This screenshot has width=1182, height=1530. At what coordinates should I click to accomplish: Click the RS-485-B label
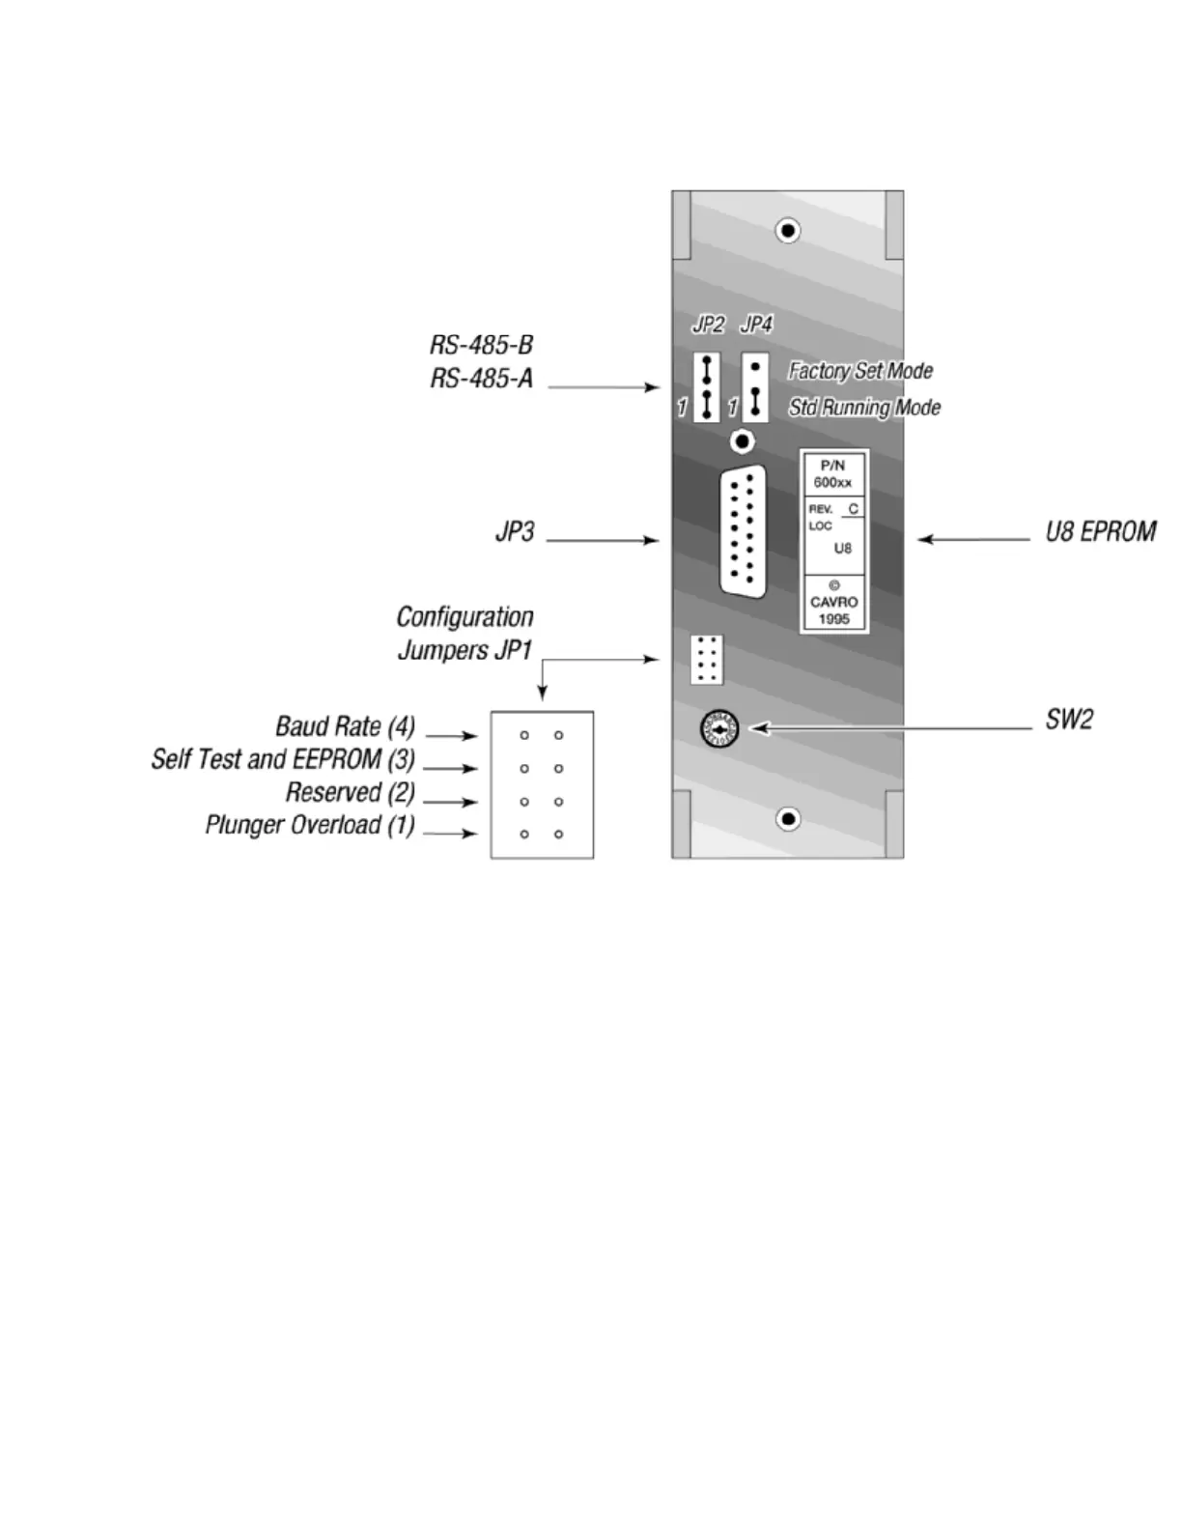pyautogui.click(x=481, y=345)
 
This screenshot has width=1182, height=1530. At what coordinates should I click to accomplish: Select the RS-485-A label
pyautogui.click(x=481, y=378)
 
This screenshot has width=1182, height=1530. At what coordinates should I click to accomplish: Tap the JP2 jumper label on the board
pyautogui.click(x=708, y=325)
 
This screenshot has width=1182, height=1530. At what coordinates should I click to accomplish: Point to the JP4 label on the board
pyautogui.click(x=756, y=325)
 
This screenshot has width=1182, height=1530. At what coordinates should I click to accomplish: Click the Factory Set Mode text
pyautogui.click(x=860, y=371)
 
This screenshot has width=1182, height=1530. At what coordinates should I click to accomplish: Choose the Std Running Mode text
pyautogui.click(x=864, y=408)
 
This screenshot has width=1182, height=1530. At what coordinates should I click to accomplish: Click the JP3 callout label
pyautogui.click(x=515, y=532)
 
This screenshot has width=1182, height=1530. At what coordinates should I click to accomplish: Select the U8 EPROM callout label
pyautogui.click(x=1101, y=532)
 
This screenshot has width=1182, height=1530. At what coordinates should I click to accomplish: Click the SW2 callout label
pyautogui.click(x=1069, y=720)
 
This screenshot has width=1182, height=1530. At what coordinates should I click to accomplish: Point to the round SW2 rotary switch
pyautogui.click(x=719, y=728)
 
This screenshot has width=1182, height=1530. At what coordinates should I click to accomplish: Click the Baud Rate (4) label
pyautogui.click(x=345, y=726)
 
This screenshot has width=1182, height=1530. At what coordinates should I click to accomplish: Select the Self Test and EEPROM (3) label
pyautogui.click(x=283, y=760)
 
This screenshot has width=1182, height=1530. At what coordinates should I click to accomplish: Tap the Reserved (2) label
pyautogui.click(x=350, y=793)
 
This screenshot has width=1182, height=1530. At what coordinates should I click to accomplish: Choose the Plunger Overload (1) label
pyautogui.click(x=310, y=826)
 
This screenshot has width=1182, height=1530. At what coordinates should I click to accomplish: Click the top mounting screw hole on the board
pyautogui.click(x=788, y=231)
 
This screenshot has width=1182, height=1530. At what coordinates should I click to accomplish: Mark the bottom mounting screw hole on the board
pyautogui.click(x=788, y=819)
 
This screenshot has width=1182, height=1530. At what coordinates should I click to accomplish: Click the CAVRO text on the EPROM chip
pyautogui.click(x=833, y=602)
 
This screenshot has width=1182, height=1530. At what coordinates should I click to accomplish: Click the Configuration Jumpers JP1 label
pyautogui.click(x=464, y=634)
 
